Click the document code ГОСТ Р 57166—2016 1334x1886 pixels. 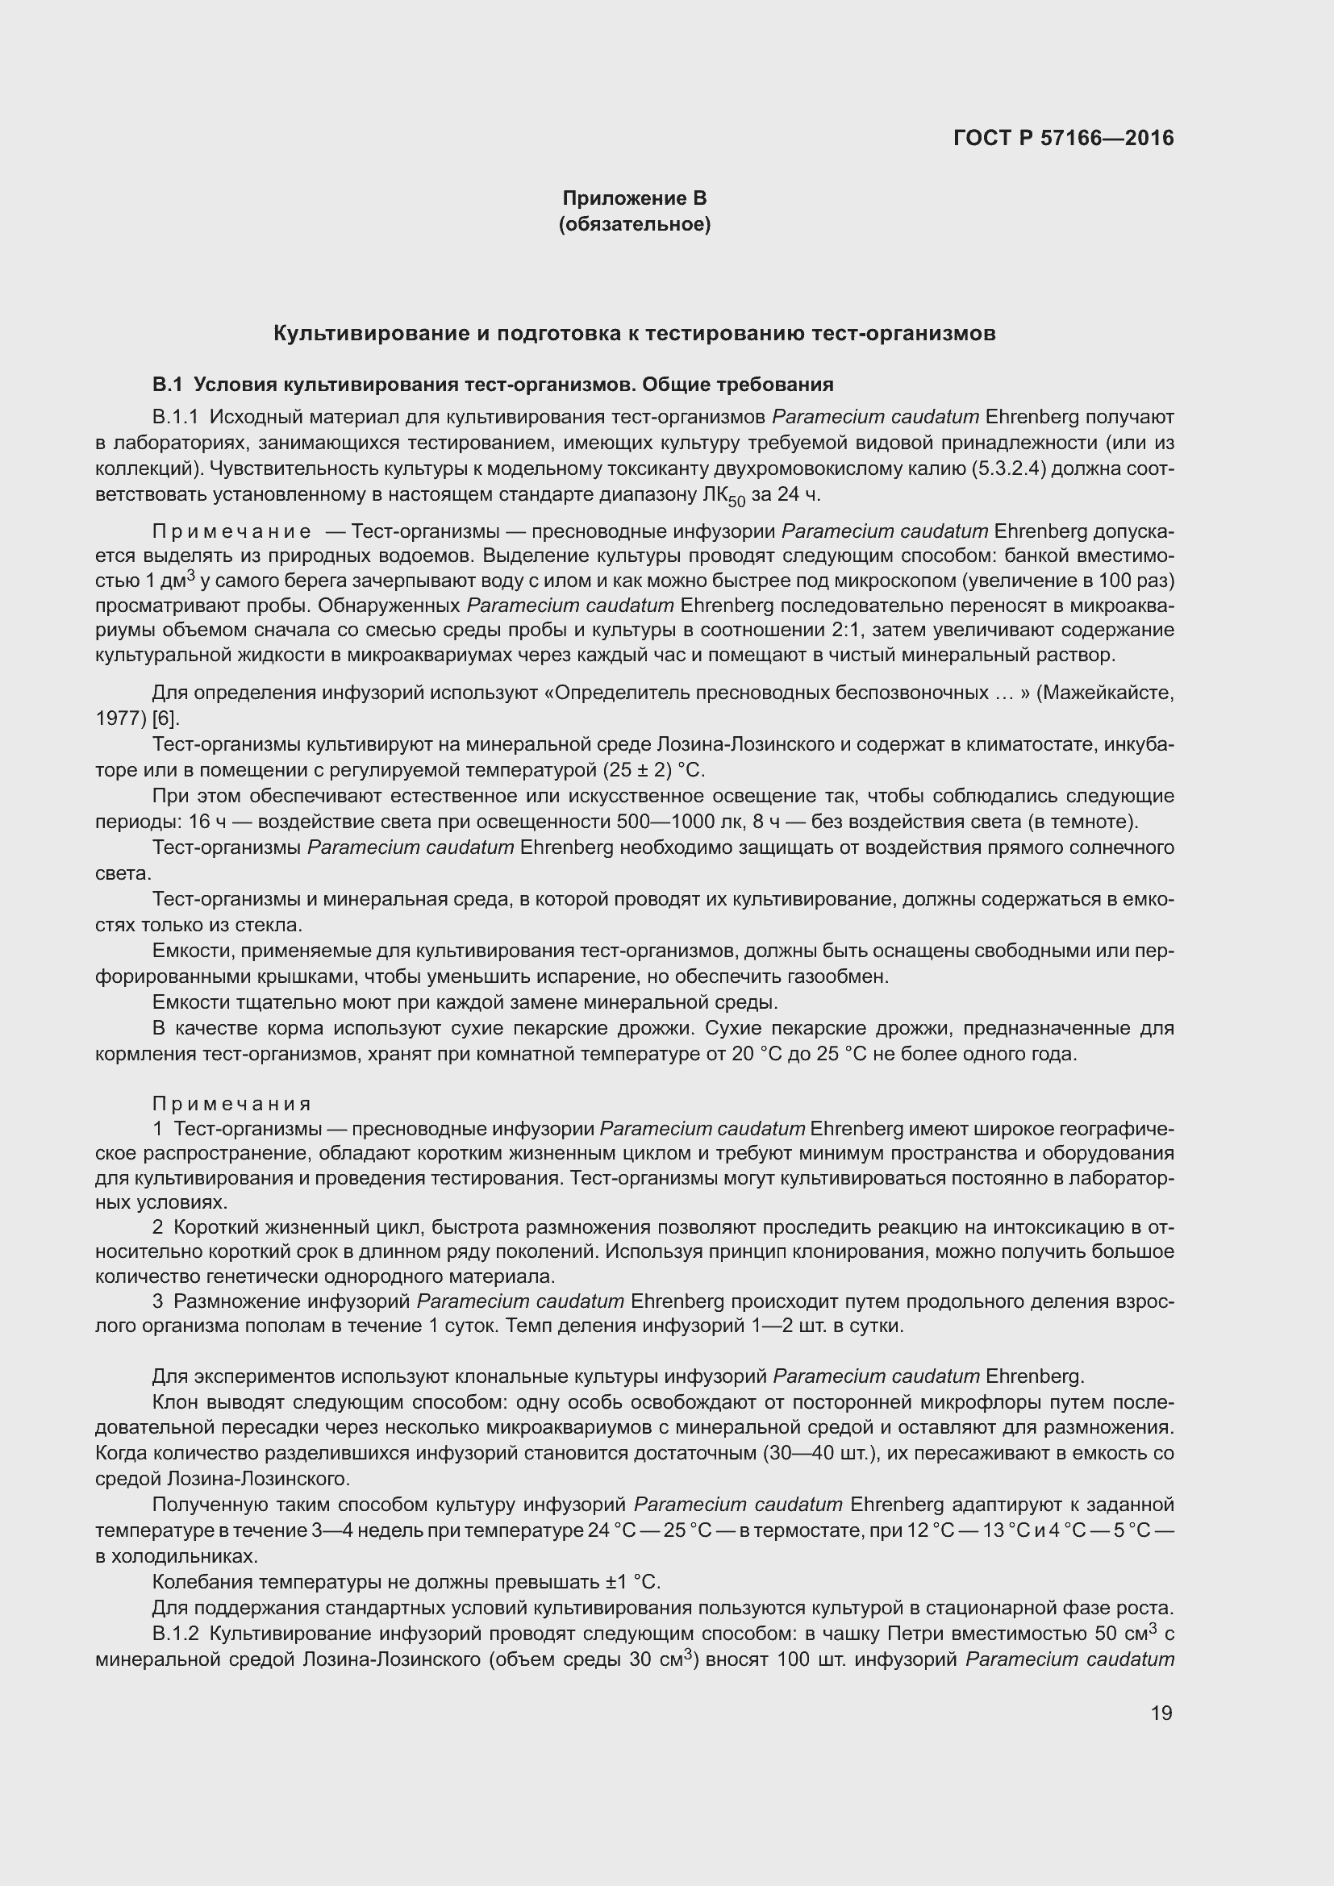1063,138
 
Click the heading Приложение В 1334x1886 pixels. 634,198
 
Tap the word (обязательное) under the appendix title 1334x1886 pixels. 634,224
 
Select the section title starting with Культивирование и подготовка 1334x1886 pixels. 634,333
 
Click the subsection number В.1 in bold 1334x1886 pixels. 166,385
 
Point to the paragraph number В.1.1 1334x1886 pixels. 175,418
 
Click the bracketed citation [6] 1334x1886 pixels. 166,718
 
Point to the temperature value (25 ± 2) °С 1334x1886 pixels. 653,771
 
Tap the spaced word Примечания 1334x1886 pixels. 231,1103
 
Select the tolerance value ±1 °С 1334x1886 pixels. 633,1581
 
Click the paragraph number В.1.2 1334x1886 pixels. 175,1633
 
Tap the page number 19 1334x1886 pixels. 1161,1713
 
